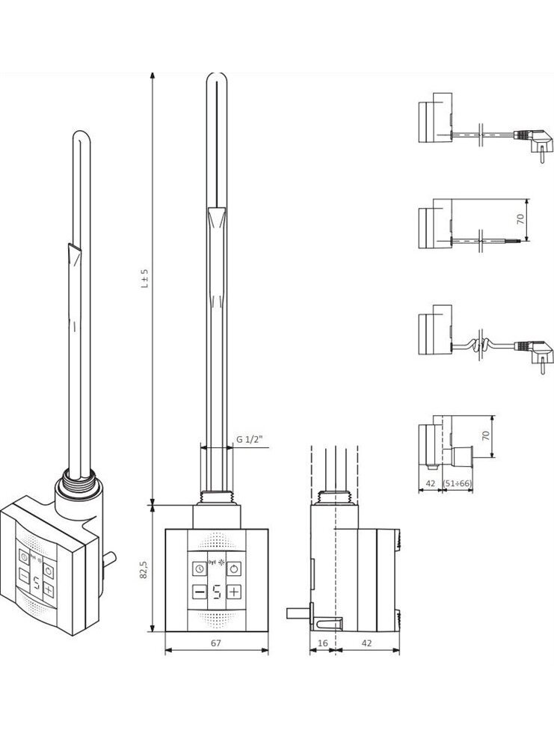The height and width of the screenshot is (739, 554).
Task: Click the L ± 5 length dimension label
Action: [x=146, y=278]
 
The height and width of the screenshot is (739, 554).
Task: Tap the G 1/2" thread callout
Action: [x=250, y=439]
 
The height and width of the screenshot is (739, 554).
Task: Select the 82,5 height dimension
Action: [x=145, y=569]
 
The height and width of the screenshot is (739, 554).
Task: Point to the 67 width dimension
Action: [x=216, y=643]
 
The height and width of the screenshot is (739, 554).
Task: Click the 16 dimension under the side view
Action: [x=323, y=643]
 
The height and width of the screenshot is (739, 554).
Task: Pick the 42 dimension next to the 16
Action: [x=366, y=643]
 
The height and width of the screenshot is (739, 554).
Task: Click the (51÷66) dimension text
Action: [x=458, y=483]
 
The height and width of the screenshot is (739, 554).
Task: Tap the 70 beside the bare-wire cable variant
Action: [x=520, y=219]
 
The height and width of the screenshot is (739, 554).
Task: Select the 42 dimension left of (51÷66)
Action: [x=430, y=483]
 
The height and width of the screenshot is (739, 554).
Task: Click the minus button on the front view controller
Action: [x=200, y=592]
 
